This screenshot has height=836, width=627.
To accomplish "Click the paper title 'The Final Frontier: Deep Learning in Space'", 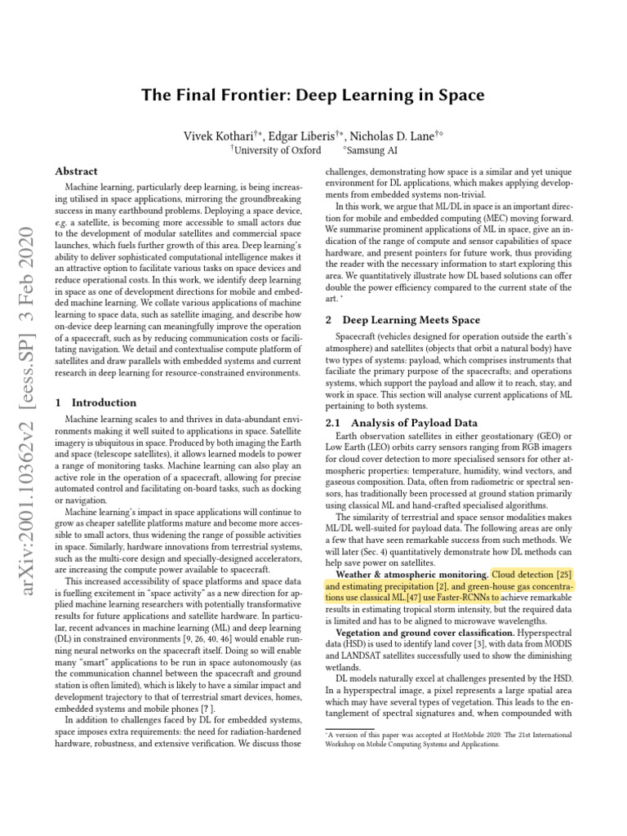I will (x=313, y=96).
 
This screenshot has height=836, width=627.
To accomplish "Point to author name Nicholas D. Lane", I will (x=398, y=135).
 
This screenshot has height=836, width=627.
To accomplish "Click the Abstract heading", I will (x=76, y=171).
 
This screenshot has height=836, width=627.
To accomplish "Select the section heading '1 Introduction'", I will (x=96, y=402).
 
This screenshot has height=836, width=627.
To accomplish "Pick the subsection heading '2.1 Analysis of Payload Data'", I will (x=402, y=422).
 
